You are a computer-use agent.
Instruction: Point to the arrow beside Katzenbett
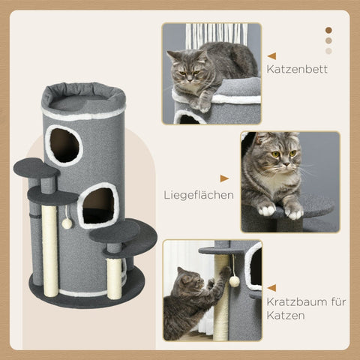[x=271, y=55]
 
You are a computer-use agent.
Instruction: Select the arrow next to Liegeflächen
[x=224, y=178]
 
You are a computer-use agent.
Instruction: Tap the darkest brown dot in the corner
[x=328, y=31]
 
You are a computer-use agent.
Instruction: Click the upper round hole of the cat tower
[x=64, y=145]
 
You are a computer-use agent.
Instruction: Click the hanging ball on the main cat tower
[x=67, y=223]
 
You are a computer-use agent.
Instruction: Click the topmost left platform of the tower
[x=35, y=167]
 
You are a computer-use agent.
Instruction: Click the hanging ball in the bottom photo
[x=234, y=281]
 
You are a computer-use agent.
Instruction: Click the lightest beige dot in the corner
[x=328, y=52]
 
